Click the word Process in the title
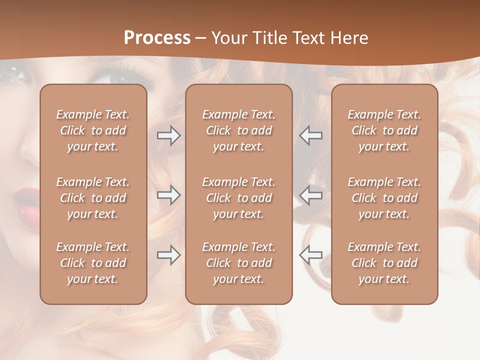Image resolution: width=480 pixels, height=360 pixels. pyautogui.click(x=157, y=38)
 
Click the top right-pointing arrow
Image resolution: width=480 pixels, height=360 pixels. pyautogui.click(x=169, y=135)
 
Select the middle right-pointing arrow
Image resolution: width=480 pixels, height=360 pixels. pyautogui.click(x=169, y=195)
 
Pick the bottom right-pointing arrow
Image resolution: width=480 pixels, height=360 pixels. pyautogui.click(x=169, y=255)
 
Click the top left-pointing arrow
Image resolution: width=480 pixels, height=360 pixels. pyautogui.click(x=310, y=135)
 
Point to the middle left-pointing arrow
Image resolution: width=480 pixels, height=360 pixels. pyautogui.click(x=310, y=195)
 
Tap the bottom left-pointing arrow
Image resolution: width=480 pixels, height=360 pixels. pyautogui.click(x=310, y=255)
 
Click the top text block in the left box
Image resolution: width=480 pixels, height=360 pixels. pyautogui.click(x=93, y=130)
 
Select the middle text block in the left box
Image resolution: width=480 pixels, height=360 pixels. pyautogui.click(x=93, y=198)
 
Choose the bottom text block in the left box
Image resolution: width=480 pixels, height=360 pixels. pyautogui.click(x=93, y=263)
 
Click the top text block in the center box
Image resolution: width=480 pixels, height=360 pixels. pyautogui.click(x=238, y=130)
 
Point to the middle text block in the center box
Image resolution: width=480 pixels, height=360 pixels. pyautogui.click(x=238, y=198)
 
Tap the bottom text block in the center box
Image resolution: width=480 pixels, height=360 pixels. pyautogui.click(x=238, y=263)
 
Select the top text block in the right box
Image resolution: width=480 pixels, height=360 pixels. pyautogui.click(x=384, y=130)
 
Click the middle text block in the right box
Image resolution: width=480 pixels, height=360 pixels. pyautogui.click(x=384, y=198)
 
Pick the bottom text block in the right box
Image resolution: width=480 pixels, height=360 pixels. pyautogui.click(x=384, y=263)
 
